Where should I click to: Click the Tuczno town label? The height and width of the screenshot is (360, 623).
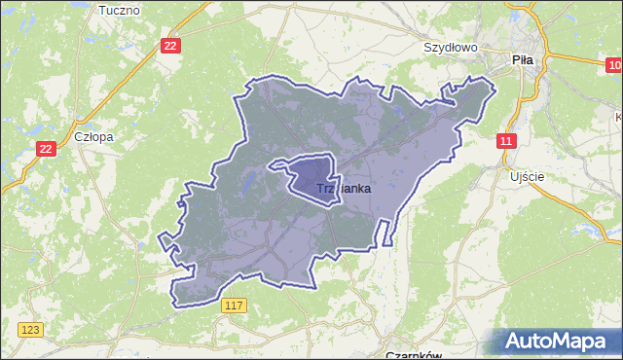[x=120, y=10]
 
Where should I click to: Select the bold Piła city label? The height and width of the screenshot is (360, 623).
[x=523, y=59]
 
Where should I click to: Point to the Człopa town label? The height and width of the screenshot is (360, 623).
[x=93, y=137]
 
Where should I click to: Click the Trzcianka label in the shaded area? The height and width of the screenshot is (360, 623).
[x=331, y=189]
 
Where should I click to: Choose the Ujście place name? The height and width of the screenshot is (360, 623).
[x=527, y=177]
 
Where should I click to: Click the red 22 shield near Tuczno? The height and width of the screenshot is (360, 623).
[x=171, y=46]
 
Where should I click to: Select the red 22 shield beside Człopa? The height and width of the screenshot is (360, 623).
[x=46, y=148]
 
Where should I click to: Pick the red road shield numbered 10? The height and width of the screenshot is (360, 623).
[x=612, y=65]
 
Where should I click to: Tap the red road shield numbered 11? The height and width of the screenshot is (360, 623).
[x=505, y=141]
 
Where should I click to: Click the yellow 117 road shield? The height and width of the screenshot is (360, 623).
[x=233, y=306]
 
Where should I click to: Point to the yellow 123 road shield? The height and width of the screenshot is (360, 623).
[x=30, y=331]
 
